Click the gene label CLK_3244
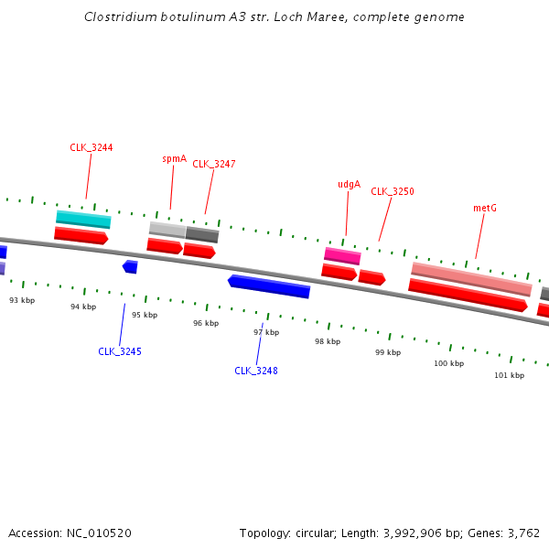(x=91, y=147)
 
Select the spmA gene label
(x=174, y=158)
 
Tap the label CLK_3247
(x=214, y=164)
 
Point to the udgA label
(x=349, y=184)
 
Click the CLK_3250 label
(x=393, y=191)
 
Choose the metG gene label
(x=485, y=208)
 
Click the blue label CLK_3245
(x=120, y=351)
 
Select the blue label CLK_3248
(x=256, y=371)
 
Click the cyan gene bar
(x=83, y=220)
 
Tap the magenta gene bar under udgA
(x=342, y=256)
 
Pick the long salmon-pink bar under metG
(x=471, y=279)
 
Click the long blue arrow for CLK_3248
(x=269, y=285)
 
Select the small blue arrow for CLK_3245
(x=130, y=266)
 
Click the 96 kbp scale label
(x=206, y=323)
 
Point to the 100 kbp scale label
(x=448, y=363)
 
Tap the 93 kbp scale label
(x=22, y=300)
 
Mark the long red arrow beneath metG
(x=468, y=296)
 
